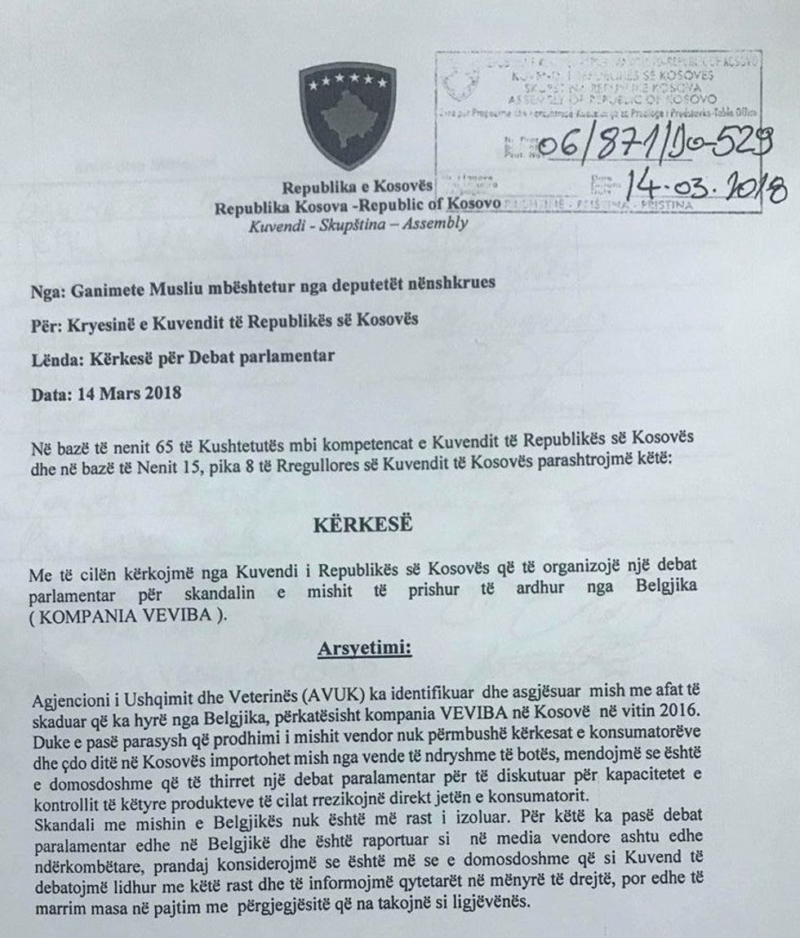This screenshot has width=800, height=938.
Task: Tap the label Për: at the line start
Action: click(46, 321)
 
